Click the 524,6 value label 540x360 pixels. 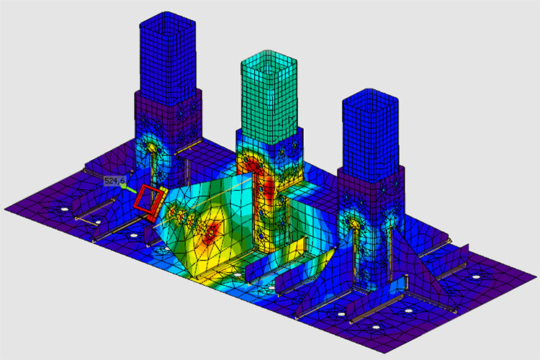coord(114,181)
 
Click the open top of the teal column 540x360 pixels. coord(269,62)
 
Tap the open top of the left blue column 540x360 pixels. coord(168,24)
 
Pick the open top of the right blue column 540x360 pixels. coord(371,101)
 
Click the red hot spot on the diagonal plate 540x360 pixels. coord(210,232)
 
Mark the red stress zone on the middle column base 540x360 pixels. coord(255,168)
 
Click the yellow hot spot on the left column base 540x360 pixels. coord(151,148)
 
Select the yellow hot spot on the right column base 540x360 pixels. coord(354,223)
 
